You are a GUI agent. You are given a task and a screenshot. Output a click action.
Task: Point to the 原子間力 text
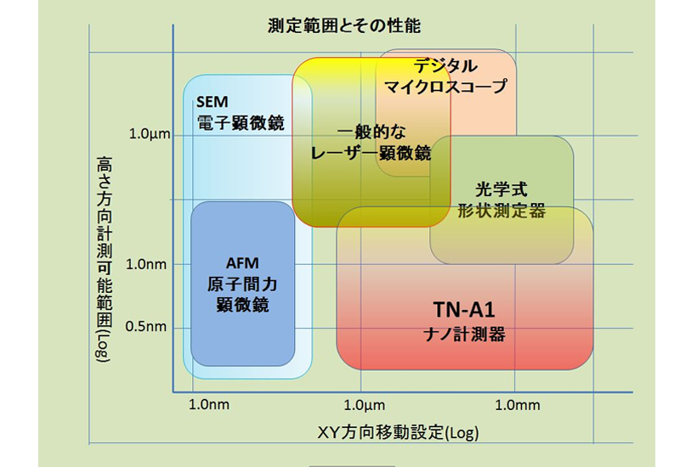pyautogui.click(x=242, y=284)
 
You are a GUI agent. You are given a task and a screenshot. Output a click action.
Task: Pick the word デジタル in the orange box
pyautogui.click(x=445, y=66)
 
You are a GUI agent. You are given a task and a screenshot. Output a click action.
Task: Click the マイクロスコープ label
pyautogui.click(x=445, y=86)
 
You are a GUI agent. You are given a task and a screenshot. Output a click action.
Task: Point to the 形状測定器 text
pyautogui.click(x=501, y=210)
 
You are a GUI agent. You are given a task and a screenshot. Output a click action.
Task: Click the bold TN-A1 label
pyautogui.click(x=463, y=309)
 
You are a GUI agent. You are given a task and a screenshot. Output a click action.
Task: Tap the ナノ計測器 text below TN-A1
pyautogui.click(x=463, y=334)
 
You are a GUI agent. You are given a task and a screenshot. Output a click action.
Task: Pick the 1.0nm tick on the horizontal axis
pyautogui.click(x=208, y=405)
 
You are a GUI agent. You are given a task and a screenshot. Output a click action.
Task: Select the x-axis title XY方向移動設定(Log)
pyautogui.click(x=398, y=432)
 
